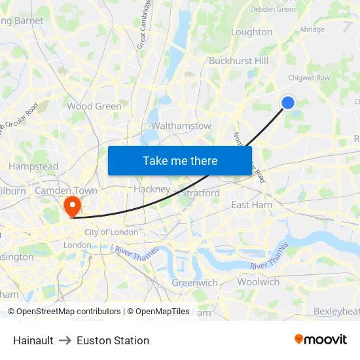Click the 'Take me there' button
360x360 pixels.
(180, 160)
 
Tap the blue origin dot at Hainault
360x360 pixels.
(288, 102)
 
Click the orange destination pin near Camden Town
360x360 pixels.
(71, 206)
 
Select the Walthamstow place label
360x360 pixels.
(181, 126)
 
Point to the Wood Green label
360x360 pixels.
(94, 106)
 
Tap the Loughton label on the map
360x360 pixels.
(252, 32)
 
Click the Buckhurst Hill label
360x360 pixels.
(239, 61)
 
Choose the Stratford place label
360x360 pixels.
(200, 193)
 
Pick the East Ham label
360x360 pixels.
(252, 205)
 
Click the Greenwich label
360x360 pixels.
(194, 283)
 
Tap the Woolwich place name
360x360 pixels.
(259, 281)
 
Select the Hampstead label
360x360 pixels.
(33, 166)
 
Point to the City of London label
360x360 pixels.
(111, 232)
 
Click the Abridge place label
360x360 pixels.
(312, 29)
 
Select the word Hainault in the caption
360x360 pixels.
(33, 340)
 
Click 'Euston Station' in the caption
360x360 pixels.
(113, 340)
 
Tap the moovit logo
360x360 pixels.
(321, 340)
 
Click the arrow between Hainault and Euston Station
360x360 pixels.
(65, 340)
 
